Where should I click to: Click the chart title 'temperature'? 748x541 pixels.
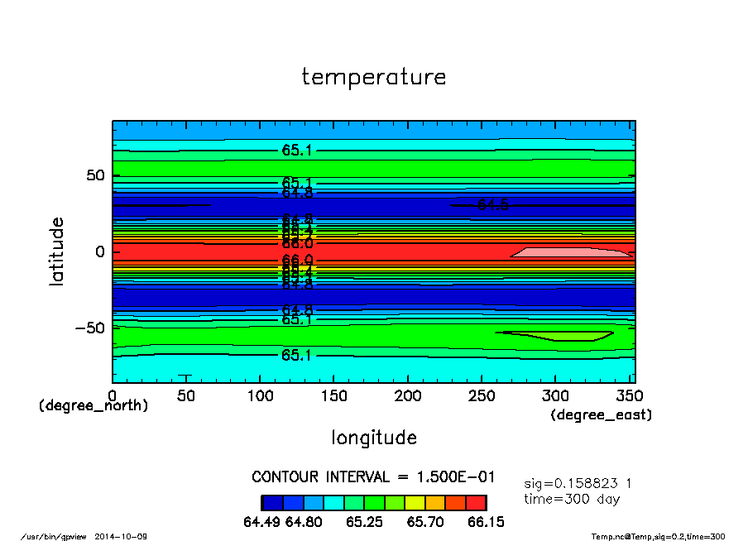click(x=374, y=78)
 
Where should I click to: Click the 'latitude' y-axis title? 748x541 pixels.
click(x=57, y=251)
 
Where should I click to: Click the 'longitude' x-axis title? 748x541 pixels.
click(x=374, y=438)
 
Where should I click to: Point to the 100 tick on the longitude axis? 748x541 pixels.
click(x=260, y=396)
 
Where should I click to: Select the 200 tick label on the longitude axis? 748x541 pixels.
click(x=408, y=396)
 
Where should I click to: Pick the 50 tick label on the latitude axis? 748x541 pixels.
click(x=95, y=175)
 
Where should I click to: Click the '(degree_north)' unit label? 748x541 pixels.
click(x=93, y=406)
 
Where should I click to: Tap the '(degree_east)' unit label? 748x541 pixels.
click(x=602, y=415)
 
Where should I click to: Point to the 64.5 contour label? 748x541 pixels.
click(x=493, y=205)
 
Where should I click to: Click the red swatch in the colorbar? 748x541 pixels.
click(x=476, y=502)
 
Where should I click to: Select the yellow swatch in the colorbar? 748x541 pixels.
click(x=415, y=502)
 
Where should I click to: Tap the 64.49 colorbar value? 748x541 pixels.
click(x=262, y=522)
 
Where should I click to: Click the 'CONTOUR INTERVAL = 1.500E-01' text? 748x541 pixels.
click(x=373, y=477)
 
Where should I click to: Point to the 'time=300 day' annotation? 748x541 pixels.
click(x=572, y=499)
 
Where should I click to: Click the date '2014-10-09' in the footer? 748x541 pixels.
click(x=127, y=537)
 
